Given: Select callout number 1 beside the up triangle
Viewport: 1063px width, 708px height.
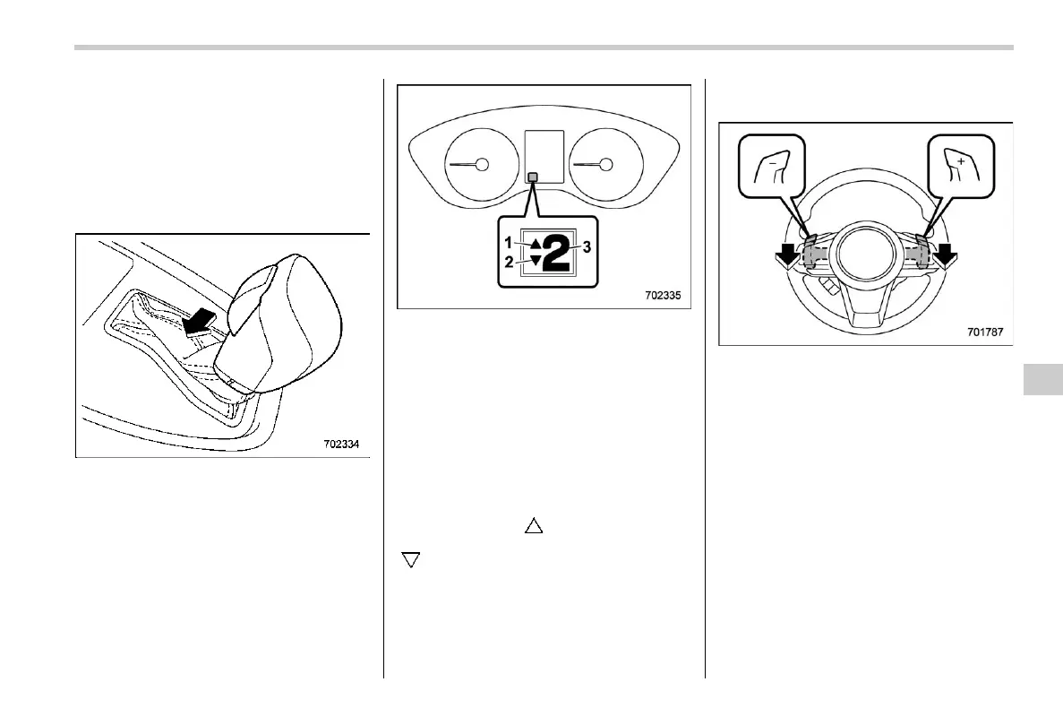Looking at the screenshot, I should click(x=508, y=242).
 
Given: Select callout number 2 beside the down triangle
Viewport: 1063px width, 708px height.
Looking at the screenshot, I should click(x=508, y=263).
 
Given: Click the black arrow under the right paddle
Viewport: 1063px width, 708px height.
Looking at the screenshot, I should click(x=942, y=258).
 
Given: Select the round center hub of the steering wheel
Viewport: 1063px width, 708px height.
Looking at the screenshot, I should click(x=866, y=250).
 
